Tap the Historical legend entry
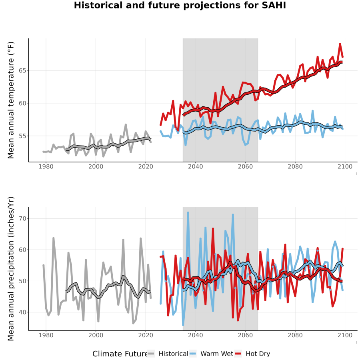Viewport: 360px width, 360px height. tap(168, 354)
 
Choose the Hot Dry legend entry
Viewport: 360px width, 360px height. tap(252, 354)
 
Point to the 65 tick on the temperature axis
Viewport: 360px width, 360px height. tap(22, 70)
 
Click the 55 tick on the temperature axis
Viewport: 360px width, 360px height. tap(22, 136)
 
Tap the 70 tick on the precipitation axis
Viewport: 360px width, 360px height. tap(22, 218)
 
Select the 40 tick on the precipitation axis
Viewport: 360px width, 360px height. tap(22, 312)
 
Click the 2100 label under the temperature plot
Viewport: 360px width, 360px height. tap(345, 166)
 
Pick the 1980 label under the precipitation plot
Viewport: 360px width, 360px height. tap(46, 335)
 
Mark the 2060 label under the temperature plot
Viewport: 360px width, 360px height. tap(245, 166)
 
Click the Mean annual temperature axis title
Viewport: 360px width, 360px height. tap(11, 100)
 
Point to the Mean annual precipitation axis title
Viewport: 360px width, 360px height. tap(11, 269)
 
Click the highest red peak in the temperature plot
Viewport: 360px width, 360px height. tap(340, 44)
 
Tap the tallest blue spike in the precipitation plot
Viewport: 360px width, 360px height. tap(188, 213)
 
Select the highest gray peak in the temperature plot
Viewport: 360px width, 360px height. tap(126, 124)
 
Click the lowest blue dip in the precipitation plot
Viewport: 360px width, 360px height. tap(183, 325)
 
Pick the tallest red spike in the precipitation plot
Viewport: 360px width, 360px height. tap(213, 229)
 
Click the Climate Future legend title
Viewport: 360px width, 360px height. tap(120, 354)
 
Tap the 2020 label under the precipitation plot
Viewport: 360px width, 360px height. tap(146, 335)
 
